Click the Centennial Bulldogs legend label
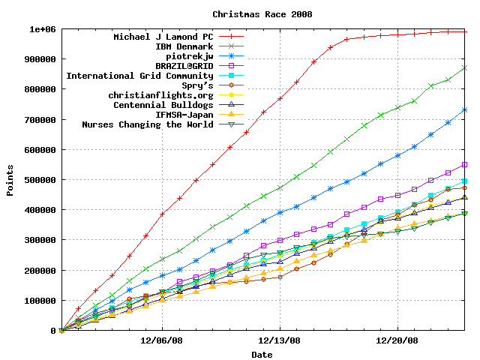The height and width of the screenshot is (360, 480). (x=164, y=105)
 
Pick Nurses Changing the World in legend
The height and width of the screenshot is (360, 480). (x=148, y=124)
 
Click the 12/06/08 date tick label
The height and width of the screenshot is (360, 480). (x=163, y=340)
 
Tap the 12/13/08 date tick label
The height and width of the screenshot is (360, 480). (x=280, y=340)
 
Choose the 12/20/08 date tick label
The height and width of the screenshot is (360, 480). (x=397, y=340)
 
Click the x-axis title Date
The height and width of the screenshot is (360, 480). (x=262, y=354)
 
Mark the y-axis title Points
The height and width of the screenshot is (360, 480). (x=10, y=180)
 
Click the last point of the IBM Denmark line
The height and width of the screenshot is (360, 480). (x=465, y=67)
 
